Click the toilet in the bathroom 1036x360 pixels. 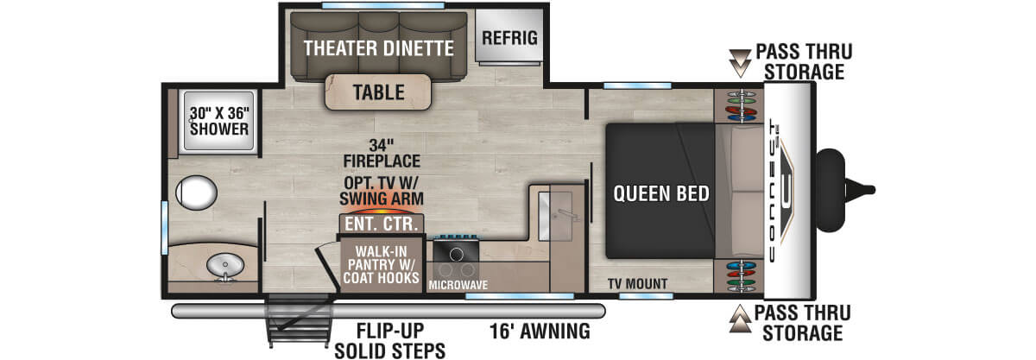196,193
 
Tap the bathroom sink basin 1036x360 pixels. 224,266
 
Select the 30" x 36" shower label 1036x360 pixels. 219,121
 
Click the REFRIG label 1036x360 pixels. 509,38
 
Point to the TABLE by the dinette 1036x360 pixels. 378,92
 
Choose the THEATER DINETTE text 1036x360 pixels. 378,48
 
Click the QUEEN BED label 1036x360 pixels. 661,193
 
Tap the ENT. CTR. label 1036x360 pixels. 382,224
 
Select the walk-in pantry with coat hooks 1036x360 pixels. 382,265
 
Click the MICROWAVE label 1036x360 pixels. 458,285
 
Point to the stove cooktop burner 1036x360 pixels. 456,254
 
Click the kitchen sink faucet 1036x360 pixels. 569,214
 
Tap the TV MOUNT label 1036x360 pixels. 637,284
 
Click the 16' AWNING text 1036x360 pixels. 540,332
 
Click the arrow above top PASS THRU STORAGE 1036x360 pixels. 740,63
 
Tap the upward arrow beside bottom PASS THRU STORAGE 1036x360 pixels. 740,319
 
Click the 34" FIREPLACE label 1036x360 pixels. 382,153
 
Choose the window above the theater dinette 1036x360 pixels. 383,5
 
